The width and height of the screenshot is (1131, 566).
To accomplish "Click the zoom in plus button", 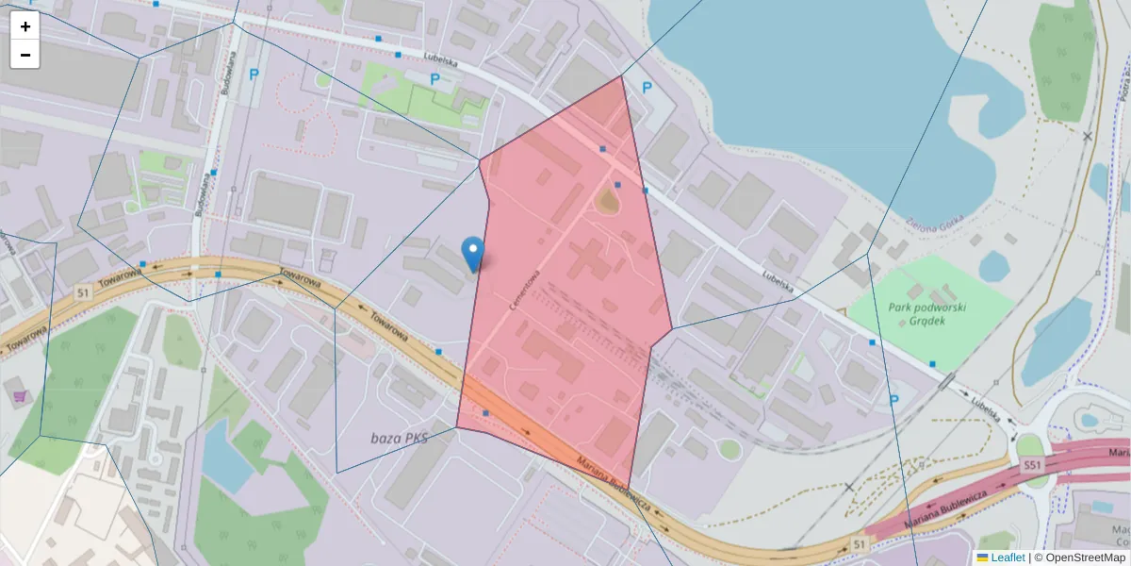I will coord(25,26).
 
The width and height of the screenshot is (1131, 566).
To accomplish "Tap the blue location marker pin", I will coord(473,253).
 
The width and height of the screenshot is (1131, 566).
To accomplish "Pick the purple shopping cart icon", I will coord(19,395).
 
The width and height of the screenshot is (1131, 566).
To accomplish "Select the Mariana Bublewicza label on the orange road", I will coord(617,491).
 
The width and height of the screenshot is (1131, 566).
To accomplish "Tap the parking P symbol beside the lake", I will coord(647,88).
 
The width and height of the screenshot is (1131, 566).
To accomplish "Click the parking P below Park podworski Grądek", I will coord(894,401).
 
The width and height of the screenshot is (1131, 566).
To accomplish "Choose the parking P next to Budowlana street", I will coord(252,74).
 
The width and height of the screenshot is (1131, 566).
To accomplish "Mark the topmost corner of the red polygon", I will coord(622,76).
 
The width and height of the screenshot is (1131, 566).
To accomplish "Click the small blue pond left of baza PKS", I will coord(223,453).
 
